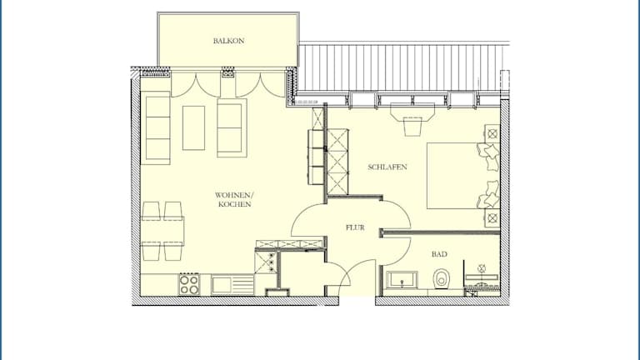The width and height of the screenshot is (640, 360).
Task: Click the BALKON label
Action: [x=228, y=41]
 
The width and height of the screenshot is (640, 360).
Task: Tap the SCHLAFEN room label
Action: [x=387, y=167]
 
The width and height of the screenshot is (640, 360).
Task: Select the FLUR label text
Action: [x=355, y=227]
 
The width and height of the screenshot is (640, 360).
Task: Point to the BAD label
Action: [x=439, y=254]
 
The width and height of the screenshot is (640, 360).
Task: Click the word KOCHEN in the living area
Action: [x=235, y=204]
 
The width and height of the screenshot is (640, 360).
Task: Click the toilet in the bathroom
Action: [x=441, y=278]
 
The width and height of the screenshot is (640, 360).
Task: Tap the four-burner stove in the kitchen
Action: [x=189, y=284]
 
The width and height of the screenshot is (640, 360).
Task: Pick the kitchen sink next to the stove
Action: [x=232, y=285]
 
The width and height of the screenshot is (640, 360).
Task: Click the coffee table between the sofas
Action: [x=193, y=128]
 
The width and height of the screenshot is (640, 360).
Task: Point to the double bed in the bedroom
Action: [x=463, y=176]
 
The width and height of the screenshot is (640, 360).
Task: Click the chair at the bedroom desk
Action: [x=412, y=126]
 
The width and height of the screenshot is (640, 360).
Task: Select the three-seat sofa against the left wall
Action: [x=156, y=127]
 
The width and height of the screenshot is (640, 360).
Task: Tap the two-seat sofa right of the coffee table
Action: [x=232, y=127]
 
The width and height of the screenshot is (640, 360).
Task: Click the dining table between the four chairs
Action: [x=162, y=231]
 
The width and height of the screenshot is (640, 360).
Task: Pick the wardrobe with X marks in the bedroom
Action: [x=337, y=162]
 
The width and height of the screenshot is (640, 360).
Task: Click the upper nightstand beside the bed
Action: [x=492, y=133]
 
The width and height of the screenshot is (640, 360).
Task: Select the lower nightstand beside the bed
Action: [x=492, y=218]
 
